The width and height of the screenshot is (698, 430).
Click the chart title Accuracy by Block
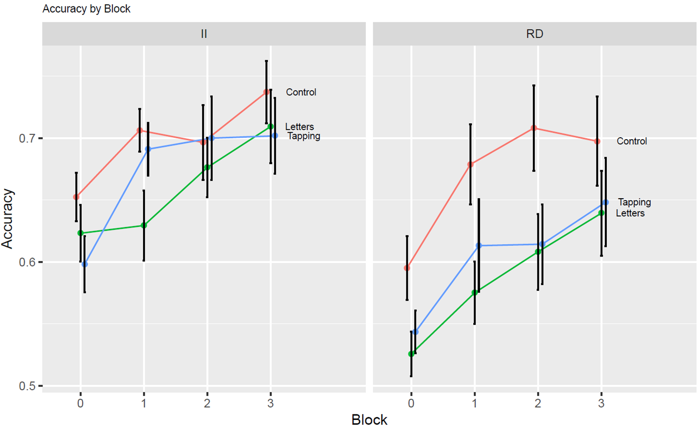(x=86, y=9)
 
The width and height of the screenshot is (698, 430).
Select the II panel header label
(x=204, y=34)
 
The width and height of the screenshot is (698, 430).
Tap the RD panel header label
(x=534, y=34)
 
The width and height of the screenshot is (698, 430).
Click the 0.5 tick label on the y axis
(x=28, y=386)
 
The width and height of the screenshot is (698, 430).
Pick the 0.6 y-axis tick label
(x=28, y=262)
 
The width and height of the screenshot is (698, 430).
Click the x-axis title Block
(x=369, y=419)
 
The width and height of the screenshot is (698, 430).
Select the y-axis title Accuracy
(x=8, y=218)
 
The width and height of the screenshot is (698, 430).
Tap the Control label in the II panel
(x=301, y=92)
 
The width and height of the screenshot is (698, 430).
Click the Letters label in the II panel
(x=299, y=127)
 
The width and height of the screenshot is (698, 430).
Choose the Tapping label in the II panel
(x=304, y=136)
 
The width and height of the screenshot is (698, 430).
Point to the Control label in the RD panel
(x=632, y=141)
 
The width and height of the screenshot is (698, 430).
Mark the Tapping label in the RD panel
(x=634, y=202)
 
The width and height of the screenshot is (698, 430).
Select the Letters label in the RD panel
(x=630, y=213)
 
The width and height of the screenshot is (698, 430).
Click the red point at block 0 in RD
(x=407, y=268)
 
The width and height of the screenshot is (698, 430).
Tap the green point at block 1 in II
(x=144, y=225)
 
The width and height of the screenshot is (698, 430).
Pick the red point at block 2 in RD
(x=534, y=128)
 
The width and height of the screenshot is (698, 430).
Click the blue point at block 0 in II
(x=85, y=264)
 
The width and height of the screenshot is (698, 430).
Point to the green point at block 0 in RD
(x=411, y=354)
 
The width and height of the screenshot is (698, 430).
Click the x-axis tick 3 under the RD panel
(x=601, y=403)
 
